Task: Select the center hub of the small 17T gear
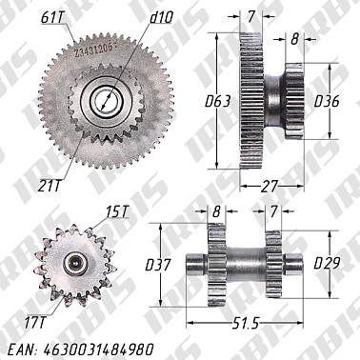(73, 258)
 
